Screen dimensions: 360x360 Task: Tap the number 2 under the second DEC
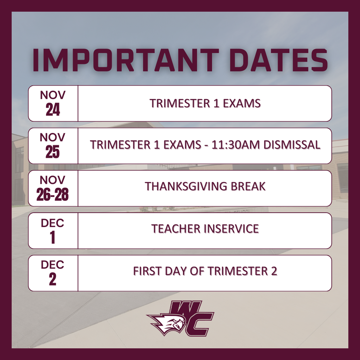53,280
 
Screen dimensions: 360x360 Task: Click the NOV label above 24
53,96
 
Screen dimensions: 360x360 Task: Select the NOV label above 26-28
53,180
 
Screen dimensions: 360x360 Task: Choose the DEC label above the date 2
53,265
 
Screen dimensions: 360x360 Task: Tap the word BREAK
248,187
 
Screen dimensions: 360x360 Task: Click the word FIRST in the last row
145,271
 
